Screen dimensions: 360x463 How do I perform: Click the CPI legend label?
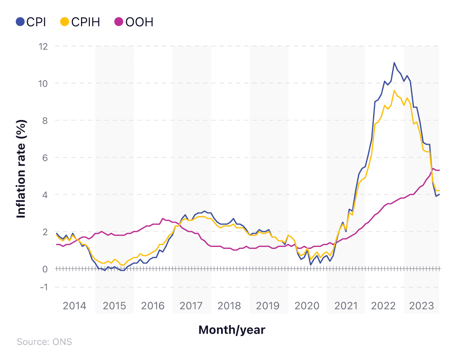(x=36, y=22)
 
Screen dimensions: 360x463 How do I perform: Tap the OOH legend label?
(x=139, y=22)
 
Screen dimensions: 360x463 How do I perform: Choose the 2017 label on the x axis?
(x=191, y=306)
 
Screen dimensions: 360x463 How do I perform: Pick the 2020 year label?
(x=307, y=306)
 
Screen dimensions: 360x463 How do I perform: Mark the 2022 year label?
(x=384, y=306)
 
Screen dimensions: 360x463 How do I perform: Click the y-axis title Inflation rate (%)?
(x=22, y=169)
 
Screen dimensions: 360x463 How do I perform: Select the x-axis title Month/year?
(x=231, y=330)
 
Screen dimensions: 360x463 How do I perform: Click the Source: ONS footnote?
(x=44, y=342)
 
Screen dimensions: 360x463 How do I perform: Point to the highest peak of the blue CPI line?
(x=394, y=63)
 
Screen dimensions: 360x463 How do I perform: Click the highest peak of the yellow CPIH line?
(x=394, y=91)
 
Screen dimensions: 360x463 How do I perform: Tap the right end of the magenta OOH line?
(x=439, y=170)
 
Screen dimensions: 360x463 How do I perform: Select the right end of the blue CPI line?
(x=439, y=194)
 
